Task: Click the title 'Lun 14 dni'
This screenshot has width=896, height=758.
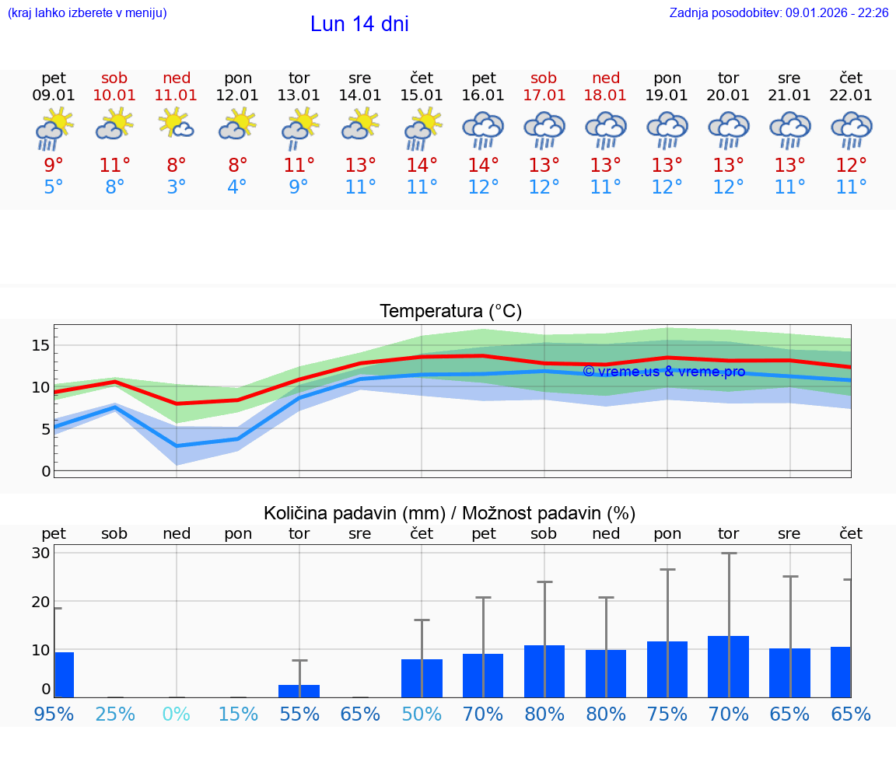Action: [359, 24]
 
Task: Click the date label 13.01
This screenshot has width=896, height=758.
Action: [299, 96]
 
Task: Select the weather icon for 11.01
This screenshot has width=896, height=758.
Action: [176, 124]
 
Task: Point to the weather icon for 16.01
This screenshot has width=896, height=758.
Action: [483, 130]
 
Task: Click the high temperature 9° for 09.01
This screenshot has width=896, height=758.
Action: [54, 165]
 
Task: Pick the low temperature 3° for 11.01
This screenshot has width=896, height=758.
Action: [176, 187]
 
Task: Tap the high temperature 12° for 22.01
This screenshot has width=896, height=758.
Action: [851, 165]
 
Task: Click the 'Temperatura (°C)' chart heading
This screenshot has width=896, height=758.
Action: [450, 312]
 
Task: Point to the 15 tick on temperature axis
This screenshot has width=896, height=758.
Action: [40, 345]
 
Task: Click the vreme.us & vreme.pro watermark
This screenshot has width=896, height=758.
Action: [663, 372]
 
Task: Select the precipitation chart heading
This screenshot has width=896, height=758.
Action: [450, 513]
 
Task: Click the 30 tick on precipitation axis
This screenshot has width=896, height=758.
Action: [40, 554]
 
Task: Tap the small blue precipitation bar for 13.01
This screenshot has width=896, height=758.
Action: [299, 690]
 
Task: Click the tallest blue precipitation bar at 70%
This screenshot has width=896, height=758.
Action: [728, 666]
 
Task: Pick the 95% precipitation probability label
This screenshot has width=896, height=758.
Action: [54, 714]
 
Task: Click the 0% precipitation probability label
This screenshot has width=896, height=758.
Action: [176, 714]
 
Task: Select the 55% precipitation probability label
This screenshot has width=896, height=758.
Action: [299, 714]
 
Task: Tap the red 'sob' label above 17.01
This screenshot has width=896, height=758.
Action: [544, 79]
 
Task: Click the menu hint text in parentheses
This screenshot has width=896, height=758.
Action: [87, 12]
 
